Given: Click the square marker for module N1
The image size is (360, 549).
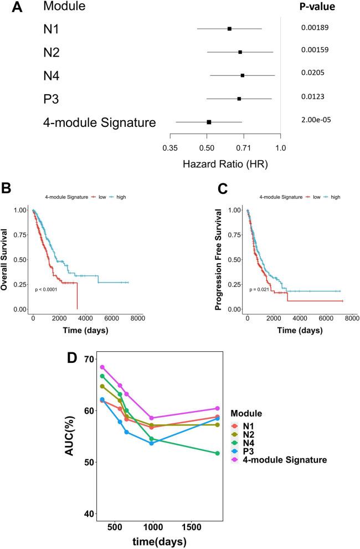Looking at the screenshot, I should coord(229,28).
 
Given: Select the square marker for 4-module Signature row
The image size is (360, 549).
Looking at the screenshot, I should coord(209,121).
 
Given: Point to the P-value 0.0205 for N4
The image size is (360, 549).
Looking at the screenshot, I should coord(313,73).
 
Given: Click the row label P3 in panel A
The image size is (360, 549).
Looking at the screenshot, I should coord(52,99).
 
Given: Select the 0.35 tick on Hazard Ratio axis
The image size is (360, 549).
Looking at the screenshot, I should coord(169,148).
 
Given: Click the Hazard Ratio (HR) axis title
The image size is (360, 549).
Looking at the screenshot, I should coord(225,165).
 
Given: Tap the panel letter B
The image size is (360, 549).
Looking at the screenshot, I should coord(7,188).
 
